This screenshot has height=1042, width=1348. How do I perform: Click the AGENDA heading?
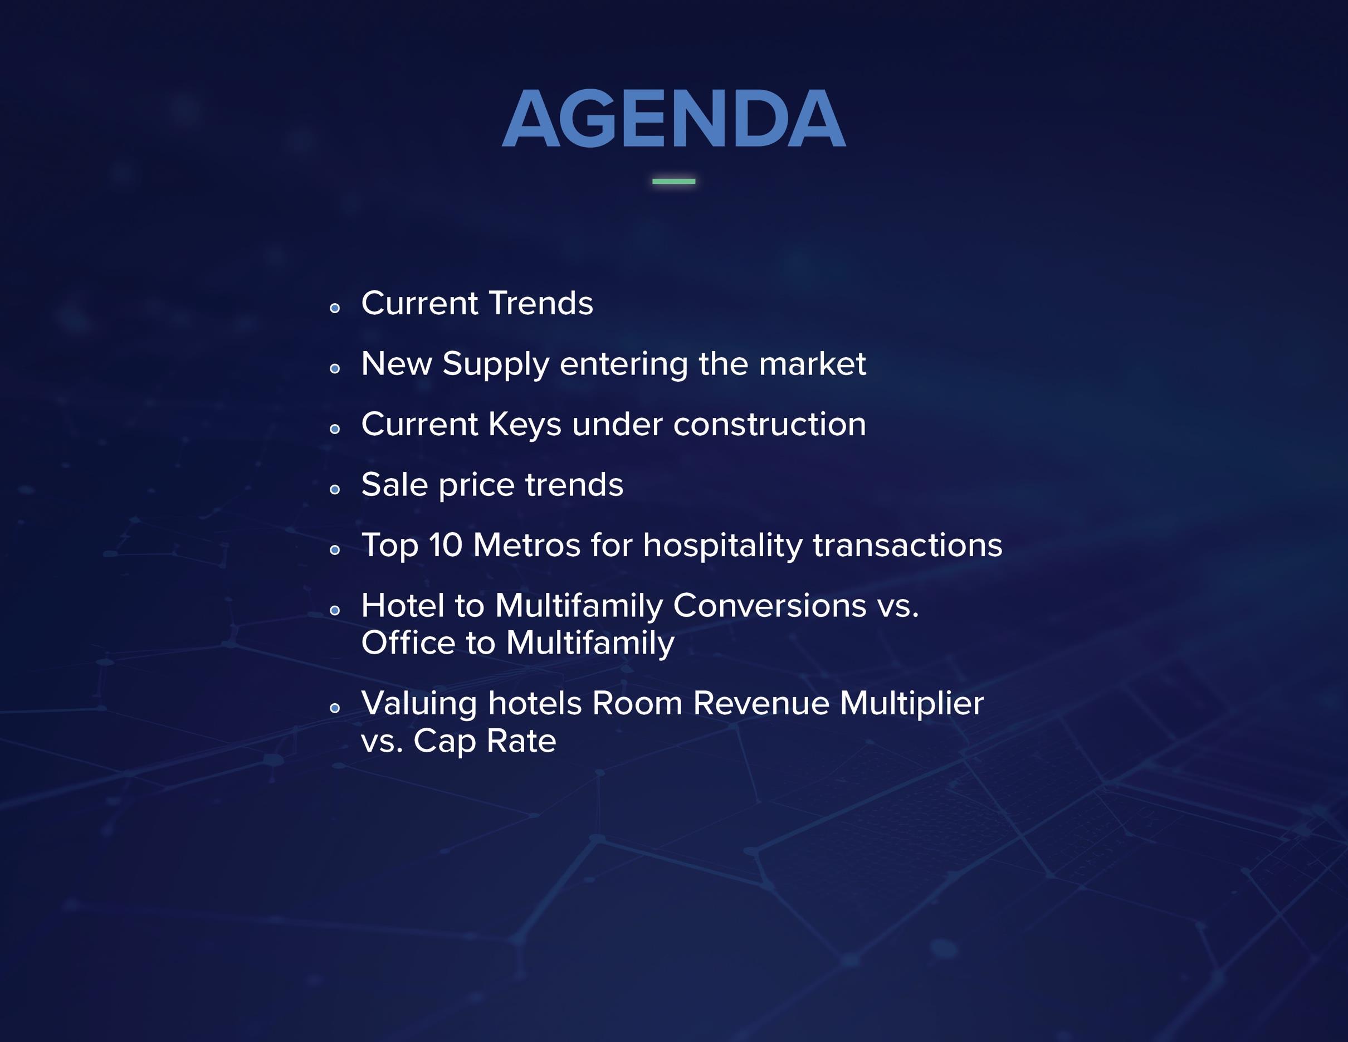[673, 118]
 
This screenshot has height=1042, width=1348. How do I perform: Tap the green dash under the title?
[673, 181]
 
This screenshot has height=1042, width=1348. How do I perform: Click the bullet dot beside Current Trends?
[335, 308]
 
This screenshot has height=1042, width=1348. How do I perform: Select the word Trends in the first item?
[541, 303]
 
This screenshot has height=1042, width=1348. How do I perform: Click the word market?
[812, 364]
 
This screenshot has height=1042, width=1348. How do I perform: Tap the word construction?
[770, 425]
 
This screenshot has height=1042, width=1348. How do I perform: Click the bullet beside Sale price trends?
[335, 489]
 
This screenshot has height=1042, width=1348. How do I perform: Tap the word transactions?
[907, 546]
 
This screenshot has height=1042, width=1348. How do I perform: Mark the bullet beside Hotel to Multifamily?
[335, 610]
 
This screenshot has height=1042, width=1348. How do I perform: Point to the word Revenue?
[761, 704]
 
